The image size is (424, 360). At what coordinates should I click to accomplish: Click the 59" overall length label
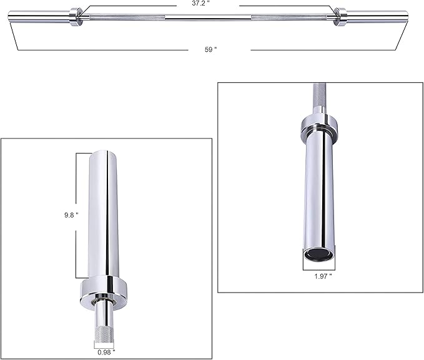tap(210, 49)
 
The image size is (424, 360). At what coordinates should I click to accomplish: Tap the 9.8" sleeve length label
tap(71, 215)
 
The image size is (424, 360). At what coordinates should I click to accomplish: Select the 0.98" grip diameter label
tap(106, 352)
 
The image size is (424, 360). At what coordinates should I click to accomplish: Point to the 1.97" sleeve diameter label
tap(323, 276)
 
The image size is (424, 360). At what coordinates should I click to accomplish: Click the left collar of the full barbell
tap(76, 17)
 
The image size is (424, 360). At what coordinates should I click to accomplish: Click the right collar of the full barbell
tap(340, 17)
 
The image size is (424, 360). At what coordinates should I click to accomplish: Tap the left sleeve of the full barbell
tap(39, 16)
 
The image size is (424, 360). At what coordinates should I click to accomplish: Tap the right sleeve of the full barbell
tap(377, 16)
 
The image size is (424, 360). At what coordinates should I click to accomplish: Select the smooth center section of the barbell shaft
tap(208, 17)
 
